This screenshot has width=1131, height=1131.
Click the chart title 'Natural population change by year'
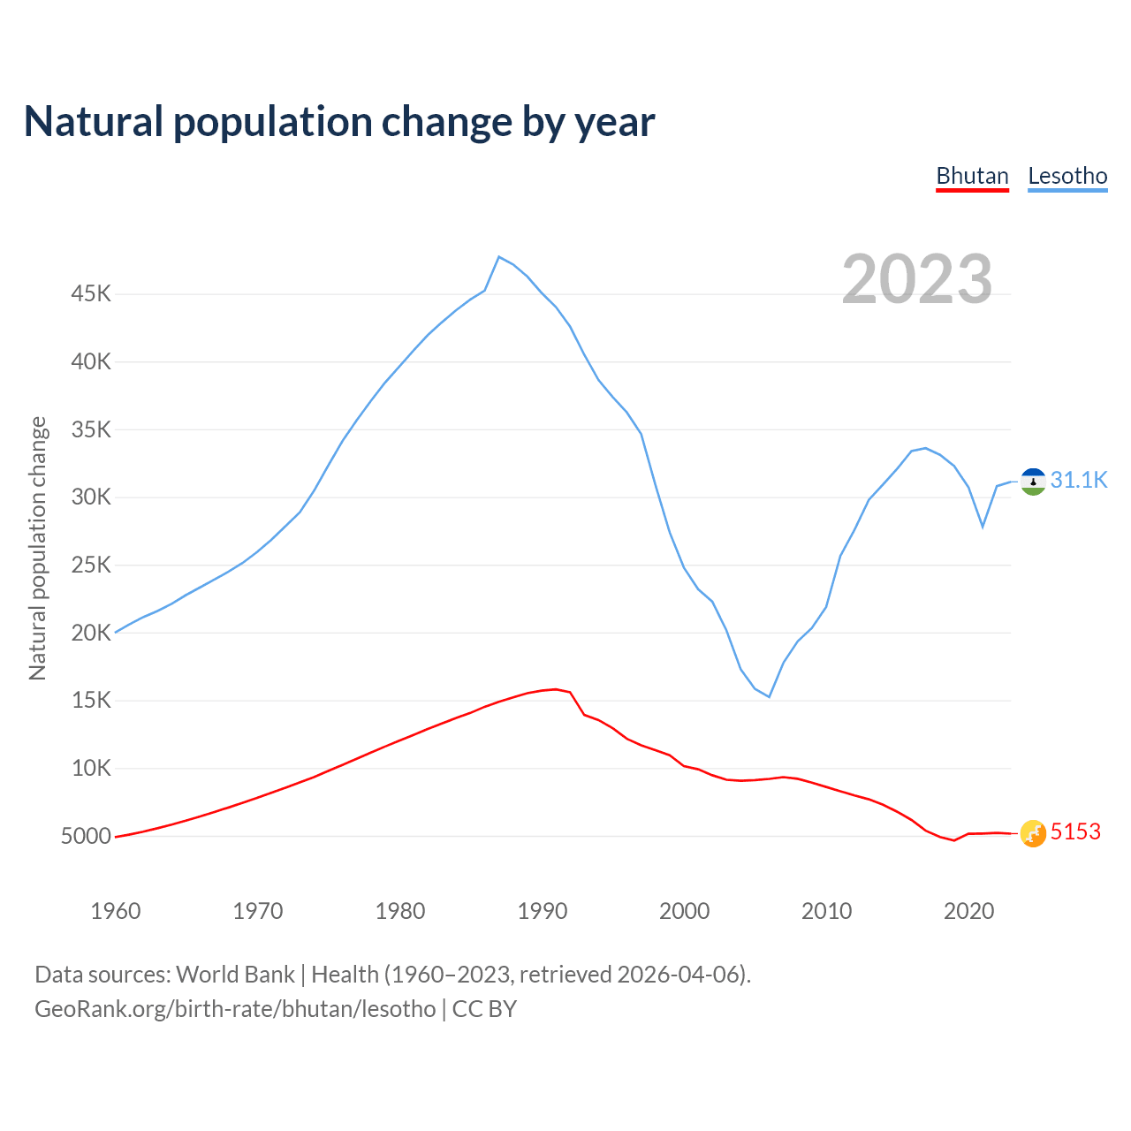(x=339, y=122)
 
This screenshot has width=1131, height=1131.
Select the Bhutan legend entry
(x=972, y=176)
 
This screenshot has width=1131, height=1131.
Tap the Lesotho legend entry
(x=1067, y=176)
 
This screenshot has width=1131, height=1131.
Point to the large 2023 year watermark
(x=916, y=279)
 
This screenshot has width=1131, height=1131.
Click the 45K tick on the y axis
(x=91, y=293)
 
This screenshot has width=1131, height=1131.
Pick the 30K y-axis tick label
(x=91, y=497)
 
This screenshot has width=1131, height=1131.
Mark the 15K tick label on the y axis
(x=91, y=700)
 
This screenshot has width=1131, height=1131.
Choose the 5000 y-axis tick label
(x=86, y=836)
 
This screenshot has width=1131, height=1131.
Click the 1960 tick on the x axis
(x=116, y=911)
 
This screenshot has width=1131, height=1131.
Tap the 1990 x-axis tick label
(x=543, y=911)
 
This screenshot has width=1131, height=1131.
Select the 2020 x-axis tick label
(x=969, y=911)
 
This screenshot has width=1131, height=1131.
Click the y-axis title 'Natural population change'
(x=38, y=548)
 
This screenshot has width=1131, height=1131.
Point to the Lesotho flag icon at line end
(x=1033, y=482)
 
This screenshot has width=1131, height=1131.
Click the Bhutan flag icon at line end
(x=1033, y=833)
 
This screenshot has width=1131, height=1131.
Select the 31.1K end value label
(x=1079, y=480)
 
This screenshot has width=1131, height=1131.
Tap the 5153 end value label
(x=1075, y=832)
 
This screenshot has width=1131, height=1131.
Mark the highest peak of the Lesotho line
(x=499, y=257)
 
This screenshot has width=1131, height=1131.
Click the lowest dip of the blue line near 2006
(x=769, y=696)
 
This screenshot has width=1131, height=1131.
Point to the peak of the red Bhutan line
(x=555, y=689)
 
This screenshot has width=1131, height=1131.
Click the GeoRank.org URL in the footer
(x=235, y=1009)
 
